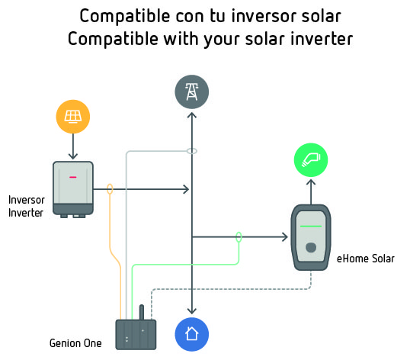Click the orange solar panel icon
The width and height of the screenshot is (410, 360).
coord(73,117)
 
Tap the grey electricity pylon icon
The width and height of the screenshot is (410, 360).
coord(192,92)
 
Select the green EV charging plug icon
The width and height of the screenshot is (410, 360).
coord(311,160)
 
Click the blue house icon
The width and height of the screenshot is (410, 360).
coord(192,334)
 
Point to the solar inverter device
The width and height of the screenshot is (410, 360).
coord(73,189)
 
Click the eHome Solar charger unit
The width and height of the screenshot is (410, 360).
coord(311,237)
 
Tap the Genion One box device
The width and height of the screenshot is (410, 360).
coord(136,335)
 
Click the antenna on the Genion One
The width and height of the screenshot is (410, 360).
coord(142,312)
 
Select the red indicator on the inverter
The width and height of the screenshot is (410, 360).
coord(73,177)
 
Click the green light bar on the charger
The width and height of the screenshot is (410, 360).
coord(311,226)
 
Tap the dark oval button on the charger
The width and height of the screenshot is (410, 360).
coord(311,247)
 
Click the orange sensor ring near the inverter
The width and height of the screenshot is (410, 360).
coord(110,189)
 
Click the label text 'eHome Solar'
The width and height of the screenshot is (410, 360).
coord(366,259)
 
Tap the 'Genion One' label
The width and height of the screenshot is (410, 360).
coord(75,343)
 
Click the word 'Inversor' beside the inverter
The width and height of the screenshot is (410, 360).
coord(27,200)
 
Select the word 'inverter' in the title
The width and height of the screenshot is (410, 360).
coord(322,39)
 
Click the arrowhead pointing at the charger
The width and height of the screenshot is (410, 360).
coord(285,237)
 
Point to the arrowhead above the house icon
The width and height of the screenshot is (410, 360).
coord(192,311)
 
